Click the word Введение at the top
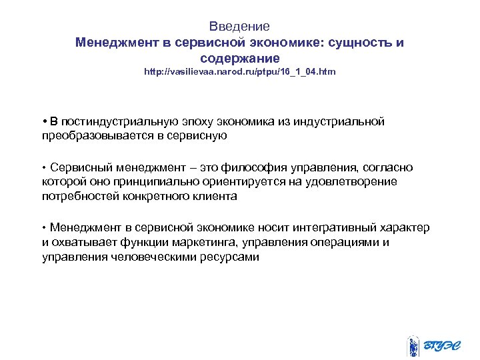(x=239, y=27)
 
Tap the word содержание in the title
(x=239, y=58)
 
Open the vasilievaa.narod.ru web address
(x=240, y=71)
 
